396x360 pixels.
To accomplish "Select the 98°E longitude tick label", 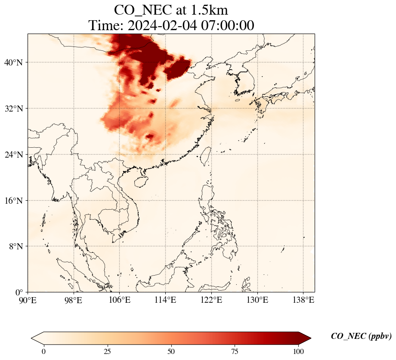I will pyautogui.click(x=74, y=299).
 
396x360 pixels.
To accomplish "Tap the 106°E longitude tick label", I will pyautogui.click(x=120, y=299).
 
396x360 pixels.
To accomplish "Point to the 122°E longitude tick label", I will pyautogui.click(x=211, y=299).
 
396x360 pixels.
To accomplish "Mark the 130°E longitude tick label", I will pyautogui.click(x=257, y=299).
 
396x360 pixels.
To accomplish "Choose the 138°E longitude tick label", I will pyautogui.click(x=303, y=299).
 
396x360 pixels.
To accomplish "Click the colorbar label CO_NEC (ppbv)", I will pyautogui.click(x=361, y=336).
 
